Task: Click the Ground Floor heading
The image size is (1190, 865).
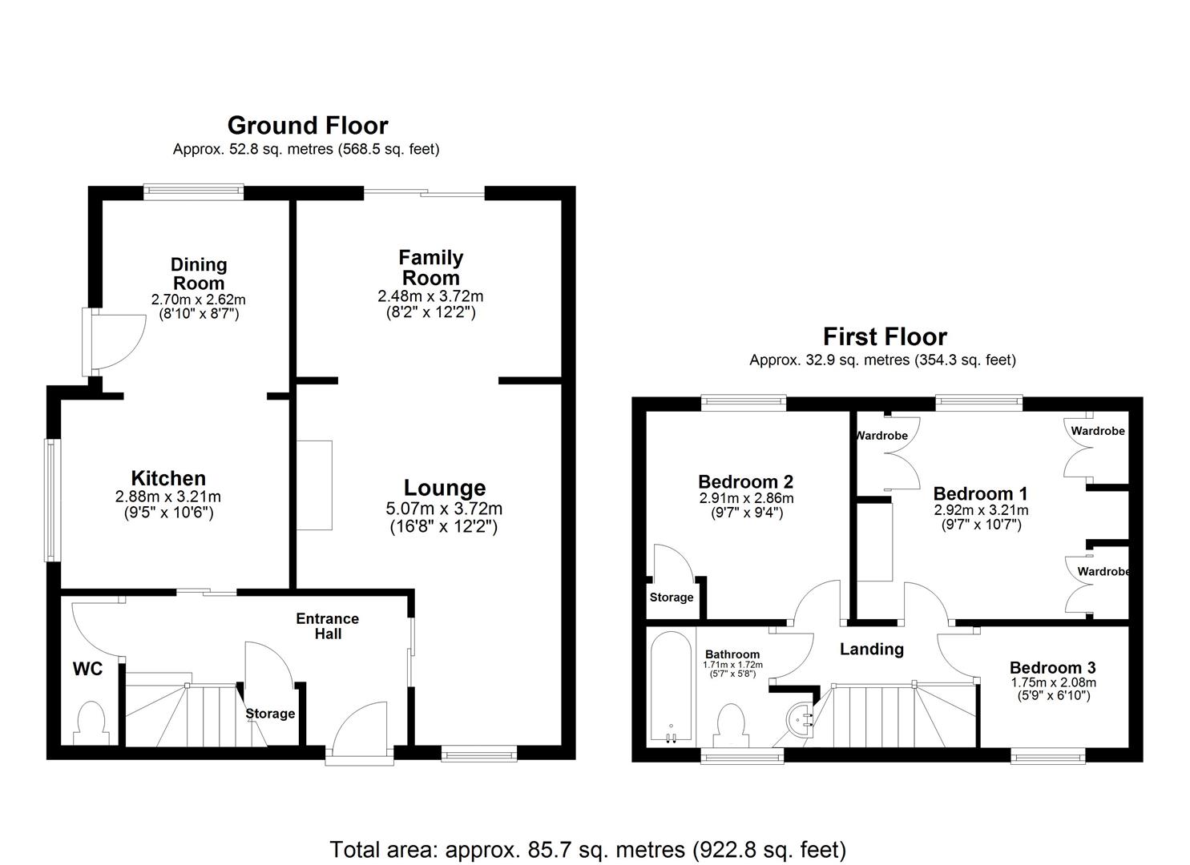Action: coord(308,126)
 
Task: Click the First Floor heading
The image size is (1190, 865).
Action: coord(885,336)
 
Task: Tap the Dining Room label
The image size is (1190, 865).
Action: coord(199,273)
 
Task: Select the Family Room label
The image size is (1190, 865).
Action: coord(430,268)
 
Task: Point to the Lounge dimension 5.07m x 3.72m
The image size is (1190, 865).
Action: coord(444,509)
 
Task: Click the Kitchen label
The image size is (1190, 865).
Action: coord(168,479)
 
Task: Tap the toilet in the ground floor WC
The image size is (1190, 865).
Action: coord(89,722)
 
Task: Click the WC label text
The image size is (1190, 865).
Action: coord(87,669)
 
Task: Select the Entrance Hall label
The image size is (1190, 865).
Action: coord(327,626)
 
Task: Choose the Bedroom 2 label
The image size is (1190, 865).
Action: coord(745,481)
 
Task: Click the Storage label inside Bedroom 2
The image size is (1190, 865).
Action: coord(672,597)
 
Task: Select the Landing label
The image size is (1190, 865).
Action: coord(871,649)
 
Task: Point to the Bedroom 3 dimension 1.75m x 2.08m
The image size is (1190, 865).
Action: coord(1052,683)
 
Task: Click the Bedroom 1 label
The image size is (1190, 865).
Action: coord(980,493)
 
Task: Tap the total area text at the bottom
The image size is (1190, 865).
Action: coord(587,849)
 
